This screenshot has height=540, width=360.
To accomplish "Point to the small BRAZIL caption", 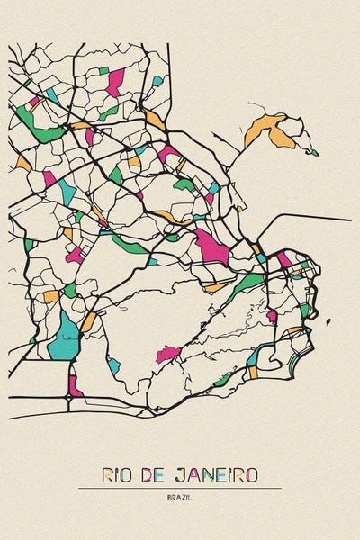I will click(179, 498).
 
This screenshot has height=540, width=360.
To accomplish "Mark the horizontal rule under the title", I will click(179, 488).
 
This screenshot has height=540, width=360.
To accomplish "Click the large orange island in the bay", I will click(270, 130).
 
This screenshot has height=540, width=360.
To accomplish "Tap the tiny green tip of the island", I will click(313, 152).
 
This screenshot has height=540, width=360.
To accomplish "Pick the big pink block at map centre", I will click(212, 246).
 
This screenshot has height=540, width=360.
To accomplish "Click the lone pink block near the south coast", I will click(167, 355).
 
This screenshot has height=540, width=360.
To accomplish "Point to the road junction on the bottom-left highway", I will click(71, 396).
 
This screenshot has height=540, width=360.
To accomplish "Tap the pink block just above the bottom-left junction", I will click(74, 384).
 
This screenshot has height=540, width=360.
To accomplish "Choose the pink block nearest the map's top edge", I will click(114, 83).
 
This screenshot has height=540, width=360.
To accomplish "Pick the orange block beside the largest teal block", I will click(88, 322).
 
